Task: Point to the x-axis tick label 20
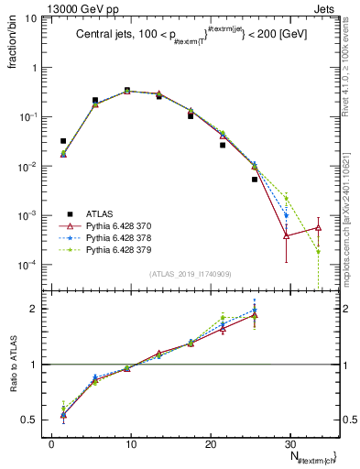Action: pyautogui.click(x=199, y=443)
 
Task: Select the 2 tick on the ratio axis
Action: pyautogui.click(x=36, y=309)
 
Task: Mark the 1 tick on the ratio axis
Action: pyautogui.click(x=36, y=365)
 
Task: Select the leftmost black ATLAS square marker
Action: pyautogui.click(x=63, y=141)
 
